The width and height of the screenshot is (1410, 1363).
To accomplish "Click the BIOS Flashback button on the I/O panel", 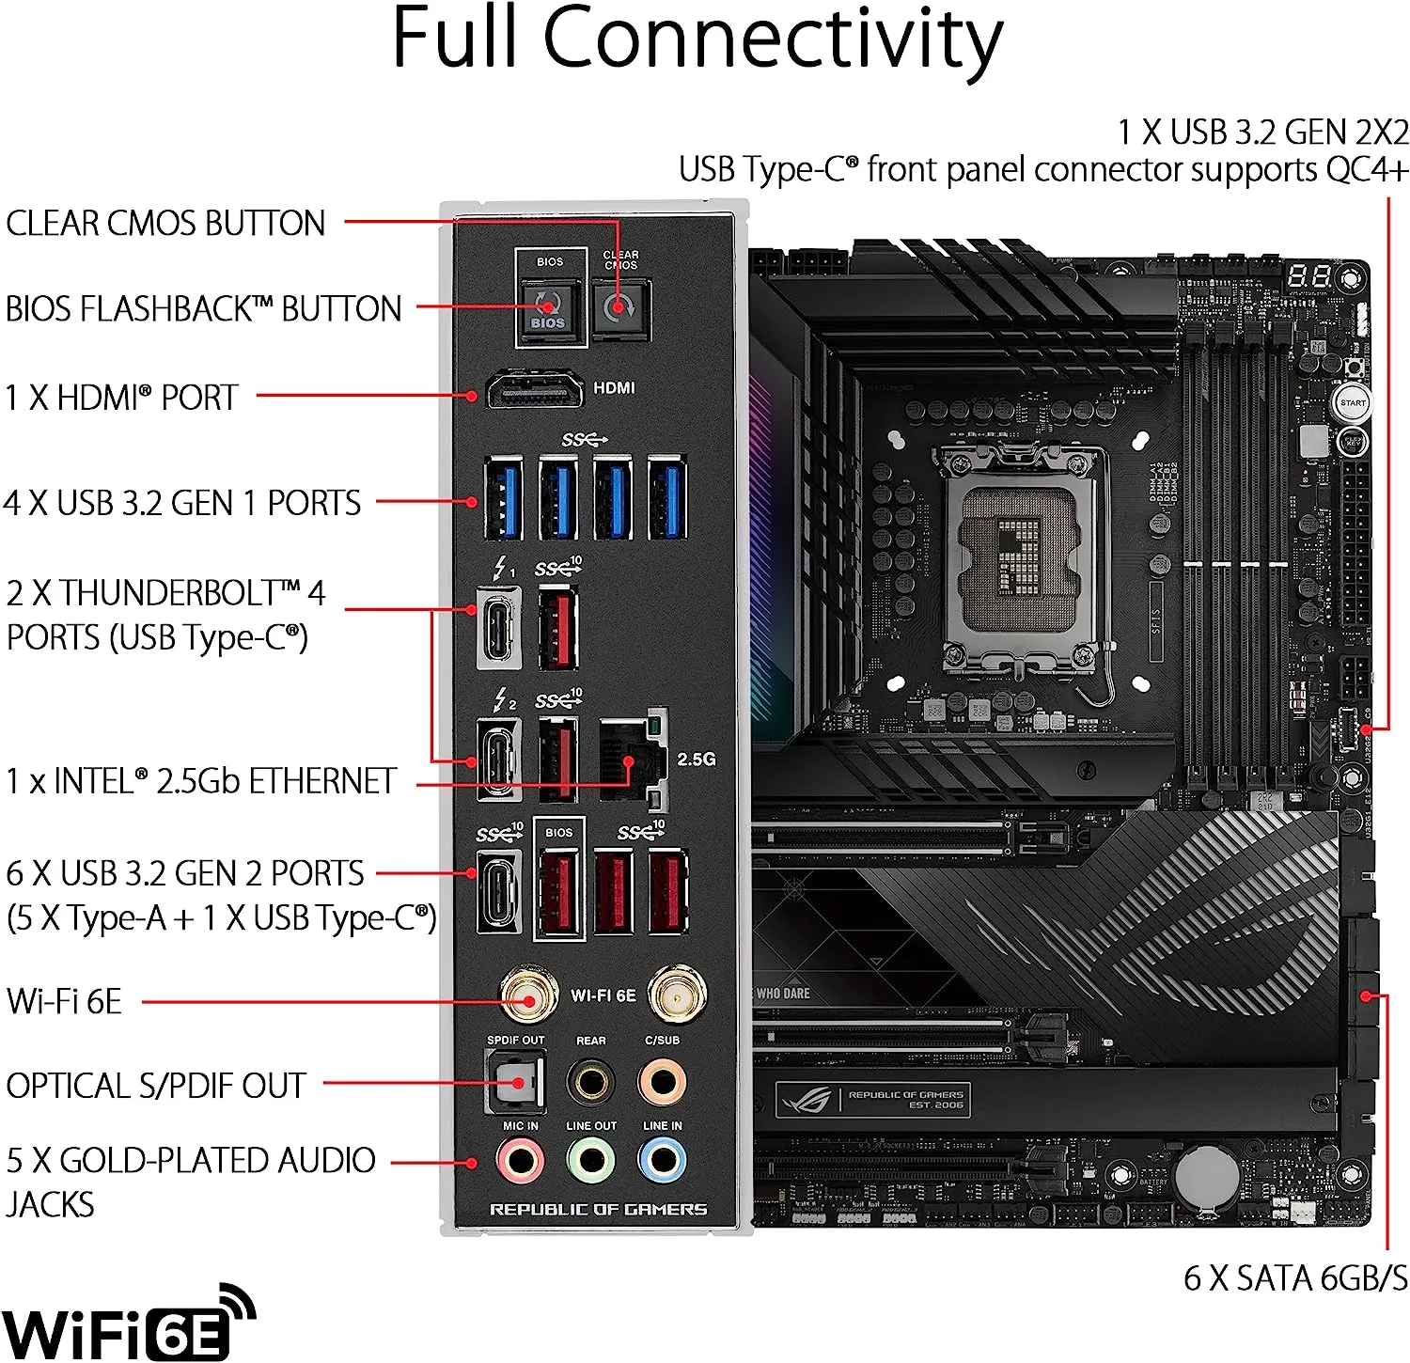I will point(549,307).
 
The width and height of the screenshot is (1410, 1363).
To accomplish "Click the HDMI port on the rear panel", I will point(534,389).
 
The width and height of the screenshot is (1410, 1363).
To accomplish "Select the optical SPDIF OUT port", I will point(515,1082).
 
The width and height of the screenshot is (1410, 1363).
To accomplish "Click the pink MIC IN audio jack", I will point(520,1162).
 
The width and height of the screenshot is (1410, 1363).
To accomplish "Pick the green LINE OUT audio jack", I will point(591,1162).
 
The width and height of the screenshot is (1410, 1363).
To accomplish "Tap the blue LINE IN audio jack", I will point(663,1162).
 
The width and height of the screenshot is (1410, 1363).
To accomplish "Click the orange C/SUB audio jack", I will point(663,1082).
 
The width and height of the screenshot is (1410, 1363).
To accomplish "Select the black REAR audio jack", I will point(591,1082).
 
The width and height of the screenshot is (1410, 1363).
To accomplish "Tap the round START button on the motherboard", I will point(1353,403).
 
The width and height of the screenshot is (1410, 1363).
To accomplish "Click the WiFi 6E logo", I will point(127,1324).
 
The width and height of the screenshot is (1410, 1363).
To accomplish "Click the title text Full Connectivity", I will point(697,39).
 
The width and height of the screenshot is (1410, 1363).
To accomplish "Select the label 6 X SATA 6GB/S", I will point(1295,1278).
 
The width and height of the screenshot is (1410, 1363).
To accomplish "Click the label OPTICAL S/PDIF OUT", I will point(156,1087).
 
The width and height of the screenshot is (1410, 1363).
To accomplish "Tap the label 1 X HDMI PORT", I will point(121,398).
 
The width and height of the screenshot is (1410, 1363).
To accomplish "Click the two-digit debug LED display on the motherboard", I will point(1308,276).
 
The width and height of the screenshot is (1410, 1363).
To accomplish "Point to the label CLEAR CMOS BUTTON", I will point(165,224).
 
